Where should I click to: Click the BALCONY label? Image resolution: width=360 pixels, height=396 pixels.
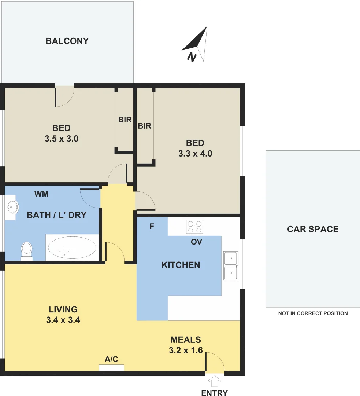(67, 41)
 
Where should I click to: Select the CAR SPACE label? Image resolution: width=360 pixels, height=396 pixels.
(313, 229)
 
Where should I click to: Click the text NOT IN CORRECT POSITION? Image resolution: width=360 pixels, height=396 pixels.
(313, 313)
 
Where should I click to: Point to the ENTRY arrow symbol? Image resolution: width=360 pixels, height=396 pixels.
(215, 382)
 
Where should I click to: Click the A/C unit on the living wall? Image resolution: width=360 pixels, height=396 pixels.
(111, 367)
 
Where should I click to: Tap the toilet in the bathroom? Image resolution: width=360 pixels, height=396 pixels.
(27, 251)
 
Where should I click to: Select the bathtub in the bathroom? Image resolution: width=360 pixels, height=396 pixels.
(72, 247)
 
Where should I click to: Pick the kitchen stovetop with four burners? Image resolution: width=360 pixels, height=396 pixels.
(194, 227)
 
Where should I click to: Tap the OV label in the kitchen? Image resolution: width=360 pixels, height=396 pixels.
(196, 242)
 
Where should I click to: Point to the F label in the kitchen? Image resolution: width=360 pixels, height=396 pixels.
(152, 227)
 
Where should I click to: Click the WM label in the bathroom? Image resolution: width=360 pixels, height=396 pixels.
(41, 194)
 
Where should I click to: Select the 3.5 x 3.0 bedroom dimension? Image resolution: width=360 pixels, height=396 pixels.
(62, 139)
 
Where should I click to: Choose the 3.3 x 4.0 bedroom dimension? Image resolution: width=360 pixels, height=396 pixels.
(195, 154)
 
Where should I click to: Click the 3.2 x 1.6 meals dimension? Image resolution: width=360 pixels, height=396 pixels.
(186, 350)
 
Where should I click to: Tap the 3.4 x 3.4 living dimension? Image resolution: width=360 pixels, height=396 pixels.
(63, 320)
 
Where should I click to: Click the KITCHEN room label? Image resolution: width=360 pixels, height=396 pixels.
(181, 265)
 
